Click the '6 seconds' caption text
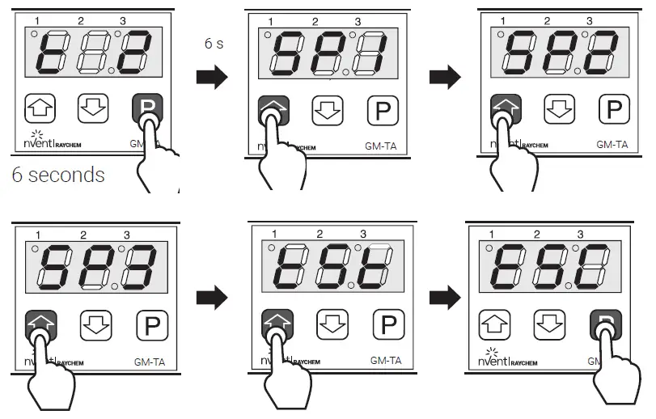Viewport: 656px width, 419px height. (x=58, y=175)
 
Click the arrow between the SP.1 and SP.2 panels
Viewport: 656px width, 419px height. (x=444, y=78)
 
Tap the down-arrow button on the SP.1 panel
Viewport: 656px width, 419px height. (x=328, y=108)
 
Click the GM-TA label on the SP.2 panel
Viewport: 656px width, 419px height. (x=612, y=145)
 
